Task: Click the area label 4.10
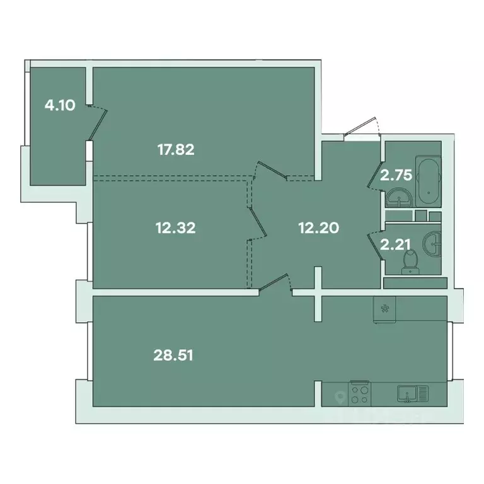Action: tap(60, 105)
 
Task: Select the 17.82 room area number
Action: tap(175, 149)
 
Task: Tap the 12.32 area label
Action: tap(175, 227)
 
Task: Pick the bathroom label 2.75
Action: tap(396, 175)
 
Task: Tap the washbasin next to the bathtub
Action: tap(400, 199)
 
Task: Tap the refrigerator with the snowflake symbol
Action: tap(385, 309)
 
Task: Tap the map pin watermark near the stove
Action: tap(341, 398)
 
